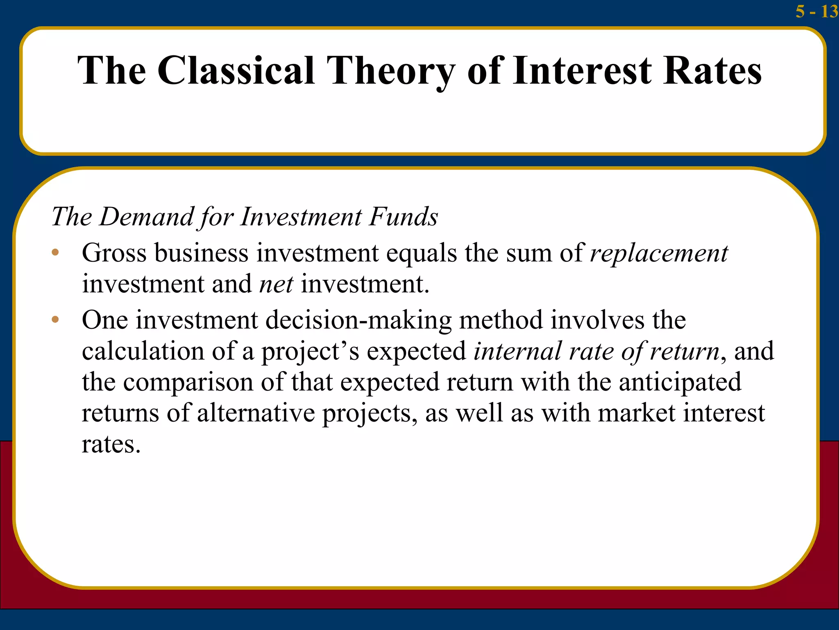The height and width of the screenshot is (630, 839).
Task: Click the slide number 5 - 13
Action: coord(816,11)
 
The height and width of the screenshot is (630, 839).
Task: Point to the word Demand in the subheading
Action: coord(146,217)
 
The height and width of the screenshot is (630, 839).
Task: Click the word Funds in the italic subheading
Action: coord(403,217)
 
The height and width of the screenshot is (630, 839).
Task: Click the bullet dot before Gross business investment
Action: coord(55,252)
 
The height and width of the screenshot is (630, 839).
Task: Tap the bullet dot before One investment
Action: coord(55,320)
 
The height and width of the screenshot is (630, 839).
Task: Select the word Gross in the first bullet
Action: coord(114,253)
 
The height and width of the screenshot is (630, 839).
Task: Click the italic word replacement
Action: coord(659,253)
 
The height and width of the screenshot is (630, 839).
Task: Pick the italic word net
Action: coord(276,284)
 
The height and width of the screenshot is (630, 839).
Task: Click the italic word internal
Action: coord(517,351)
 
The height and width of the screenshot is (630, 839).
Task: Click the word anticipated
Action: coord(680,382)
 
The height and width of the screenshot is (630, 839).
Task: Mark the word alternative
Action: coord(256,413)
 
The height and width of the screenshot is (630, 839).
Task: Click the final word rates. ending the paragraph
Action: coord(111,444)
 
